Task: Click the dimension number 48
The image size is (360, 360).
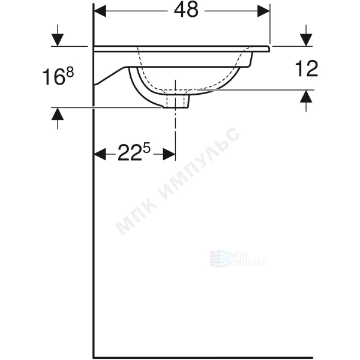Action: [186, 10]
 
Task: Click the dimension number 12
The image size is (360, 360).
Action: [306, 68]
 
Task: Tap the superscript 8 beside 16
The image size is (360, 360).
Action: [70, 73]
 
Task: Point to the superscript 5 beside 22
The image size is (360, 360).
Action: [146, 148]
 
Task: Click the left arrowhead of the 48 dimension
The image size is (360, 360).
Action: [100, 11]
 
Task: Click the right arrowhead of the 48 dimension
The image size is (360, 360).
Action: [263, 11]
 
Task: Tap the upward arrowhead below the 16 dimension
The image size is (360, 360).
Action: [58, 113]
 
